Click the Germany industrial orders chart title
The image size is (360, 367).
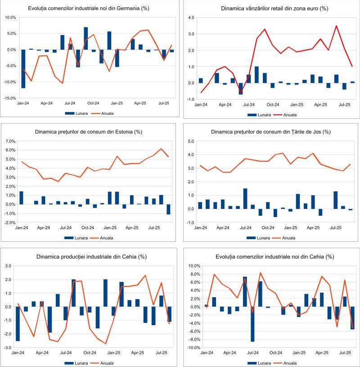89,8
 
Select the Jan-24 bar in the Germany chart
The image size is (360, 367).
23,68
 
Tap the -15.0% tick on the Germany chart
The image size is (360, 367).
10,98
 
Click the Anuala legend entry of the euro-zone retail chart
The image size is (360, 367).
290,115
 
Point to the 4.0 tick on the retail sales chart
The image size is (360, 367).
191,18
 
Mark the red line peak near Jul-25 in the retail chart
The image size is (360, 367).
336,26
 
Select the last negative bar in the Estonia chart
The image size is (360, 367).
169,209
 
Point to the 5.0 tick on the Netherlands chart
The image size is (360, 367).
191,141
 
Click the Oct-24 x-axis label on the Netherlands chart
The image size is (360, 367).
268,228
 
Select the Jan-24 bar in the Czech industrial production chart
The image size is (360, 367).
18,324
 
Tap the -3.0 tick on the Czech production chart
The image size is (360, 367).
9,348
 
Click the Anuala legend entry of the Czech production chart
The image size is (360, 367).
107,362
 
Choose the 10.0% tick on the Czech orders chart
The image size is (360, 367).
193,266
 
